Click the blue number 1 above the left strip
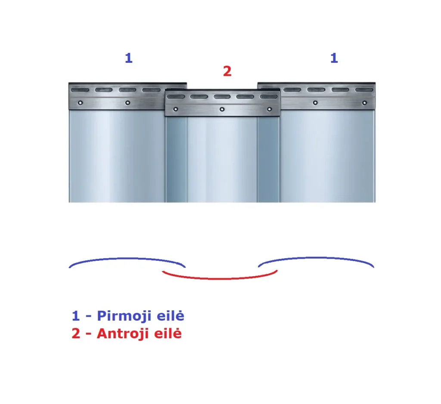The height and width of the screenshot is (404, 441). (x=128, y=58)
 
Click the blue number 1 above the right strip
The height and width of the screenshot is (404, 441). (x=334, y=58)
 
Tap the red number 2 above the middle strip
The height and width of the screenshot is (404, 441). (x=227, y=71)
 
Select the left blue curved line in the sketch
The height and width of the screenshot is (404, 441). (x=127, y=258)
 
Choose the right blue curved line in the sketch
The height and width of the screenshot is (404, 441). (x=317, y=257)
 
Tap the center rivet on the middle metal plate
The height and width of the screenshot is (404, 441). (x=222, y=109)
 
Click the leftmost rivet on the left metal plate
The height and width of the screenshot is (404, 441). (x=80, y=103)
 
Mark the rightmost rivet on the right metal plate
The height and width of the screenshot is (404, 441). (x=364, y=103)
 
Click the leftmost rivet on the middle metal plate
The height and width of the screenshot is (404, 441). (x=176, y=109)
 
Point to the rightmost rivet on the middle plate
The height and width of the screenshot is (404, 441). (x=269, y=109)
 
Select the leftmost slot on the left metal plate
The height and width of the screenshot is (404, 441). (x=80, y=90)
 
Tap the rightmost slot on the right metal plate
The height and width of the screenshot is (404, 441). (x=364, y=90)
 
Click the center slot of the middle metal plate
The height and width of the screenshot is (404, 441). (x=222, y=97)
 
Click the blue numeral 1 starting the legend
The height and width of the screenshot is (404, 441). (x=76, y=316)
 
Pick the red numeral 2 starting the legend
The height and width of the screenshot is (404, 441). (x=76, y=333)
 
